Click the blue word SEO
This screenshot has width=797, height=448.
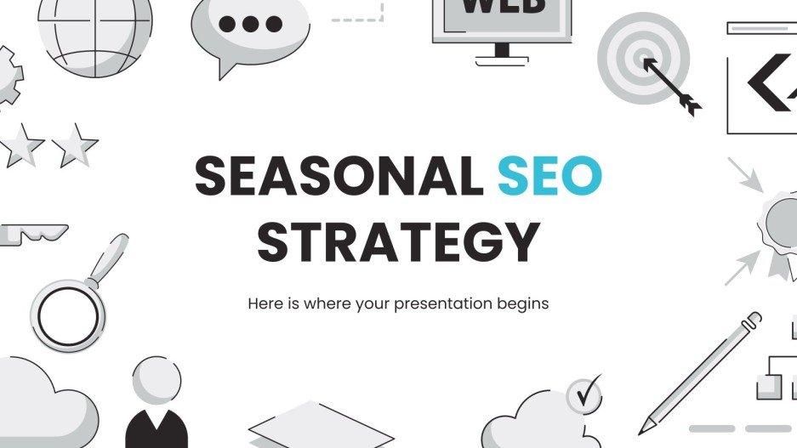click(x=549, y=177)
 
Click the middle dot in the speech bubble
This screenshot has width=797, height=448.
click(x=250, y=25)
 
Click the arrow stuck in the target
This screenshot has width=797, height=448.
click(x=672, y=85)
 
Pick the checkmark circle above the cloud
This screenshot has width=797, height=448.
click(x=584, y=394)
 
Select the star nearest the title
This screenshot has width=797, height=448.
click(x=75, y=145)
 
